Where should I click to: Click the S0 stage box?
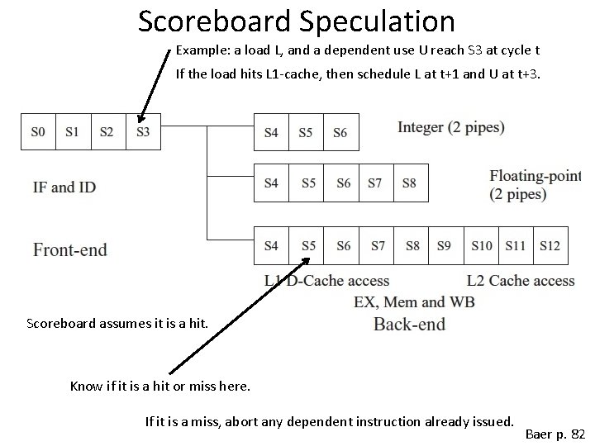[x=37, y=131]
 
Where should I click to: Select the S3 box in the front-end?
[x=143, y=131]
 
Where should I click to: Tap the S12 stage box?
[x=550, y=245]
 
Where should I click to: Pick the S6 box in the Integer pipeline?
[x=340, y=132]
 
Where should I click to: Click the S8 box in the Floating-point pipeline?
[x=409, y=183]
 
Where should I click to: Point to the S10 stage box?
[x=482, y=245]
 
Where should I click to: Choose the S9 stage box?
[x=445, y=245]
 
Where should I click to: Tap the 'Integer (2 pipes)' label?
[x=450, y=127]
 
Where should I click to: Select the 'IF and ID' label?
[x=64, y=187]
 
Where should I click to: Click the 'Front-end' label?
[x=70, y=249]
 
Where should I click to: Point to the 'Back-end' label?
[x=409, y=323]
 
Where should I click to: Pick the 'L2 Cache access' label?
[x=520, y=281]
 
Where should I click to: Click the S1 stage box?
[x=72, y=131]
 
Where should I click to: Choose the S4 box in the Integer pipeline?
[x=271, y=132]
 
